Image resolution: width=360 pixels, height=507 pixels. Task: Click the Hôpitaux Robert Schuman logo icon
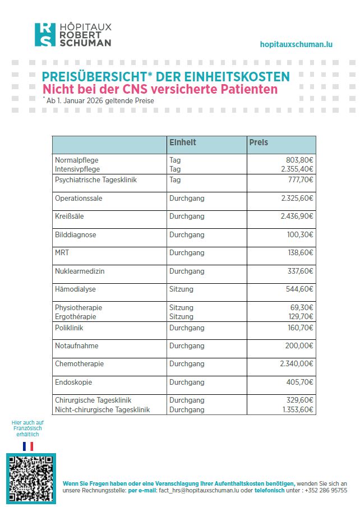pos(45,35)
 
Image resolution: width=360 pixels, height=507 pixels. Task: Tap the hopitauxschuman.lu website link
pos(296,44)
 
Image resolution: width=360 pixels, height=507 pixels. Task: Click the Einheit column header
pos(183,143)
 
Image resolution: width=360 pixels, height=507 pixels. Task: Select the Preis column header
pos(259,143)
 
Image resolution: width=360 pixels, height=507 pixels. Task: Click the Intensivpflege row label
pos(77,168)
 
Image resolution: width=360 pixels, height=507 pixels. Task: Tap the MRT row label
pos(62,253)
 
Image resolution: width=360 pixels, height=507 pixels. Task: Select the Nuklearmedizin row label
pos(80,271)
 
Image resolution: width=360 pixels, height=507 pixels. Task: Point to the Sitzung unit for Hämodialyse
pos(181,289)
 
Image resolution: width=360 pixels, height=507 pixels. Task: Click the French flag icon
pos(28,446)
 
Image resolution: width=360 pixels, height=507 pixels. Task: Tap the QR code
pos(31,477)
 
